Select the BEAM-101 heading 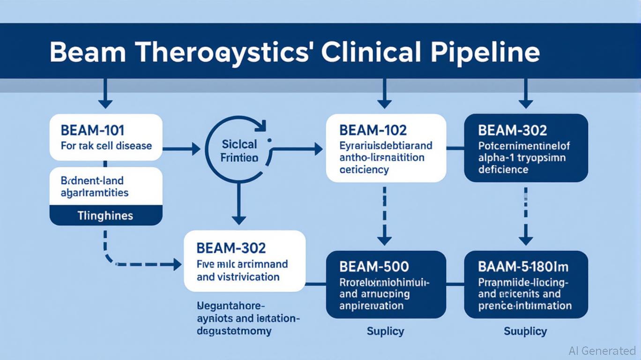(92, 130)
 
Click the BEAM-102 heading (373, 130)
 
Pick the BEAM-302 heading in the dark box (513, 130)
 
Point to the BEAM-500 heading (374, 267)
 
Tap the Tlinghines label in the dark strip (105, 216)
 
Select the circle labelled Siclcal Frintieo (239, 150)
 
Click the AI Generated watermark (602, 351)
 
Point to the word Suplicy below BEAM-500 (386, 331)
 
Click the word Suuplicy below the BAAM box (525, 331)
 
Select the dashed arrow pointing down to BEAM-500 (384, 216)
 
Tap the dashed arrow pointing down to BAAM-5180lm (526, 216)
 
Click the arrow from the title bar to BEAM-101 (105, 94)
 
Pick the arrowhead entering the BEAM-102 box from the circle (318, 150)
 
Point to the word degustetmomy (235, 331)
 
